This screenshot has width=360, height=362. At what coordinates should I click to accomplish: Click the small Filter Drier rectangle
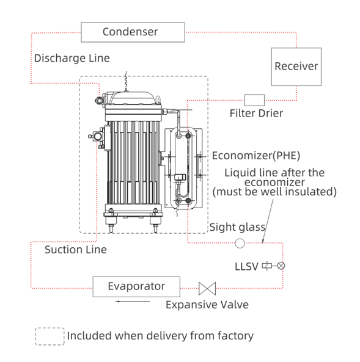pos(254,100)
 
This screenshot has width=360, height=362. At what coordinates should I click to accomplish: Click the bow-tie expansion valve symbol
pos(207,289)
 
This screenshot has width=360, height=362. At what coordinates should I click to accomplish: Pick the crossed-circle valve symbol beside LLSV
pos(281,266)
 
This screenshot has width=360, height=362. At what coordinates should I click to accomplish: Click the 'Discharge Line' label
pos(72,58)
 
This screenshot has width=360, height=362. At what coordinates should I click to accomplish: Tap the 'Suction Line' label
pos(76,250)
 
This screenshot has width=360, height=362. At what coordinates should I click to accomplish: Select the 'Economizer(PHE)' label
pos(256,156)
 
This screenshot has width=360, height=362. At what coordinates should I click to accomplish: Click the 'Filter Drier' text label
pos(256,113)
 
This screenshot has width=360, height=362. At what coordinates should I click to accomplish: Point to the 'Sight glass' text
pos(237,227)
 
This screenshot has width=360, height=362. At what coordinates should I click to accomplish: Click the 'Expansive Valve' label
pos(207,305)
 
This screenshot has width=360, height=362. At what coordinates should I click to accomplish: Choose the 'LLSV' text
pos(246,267)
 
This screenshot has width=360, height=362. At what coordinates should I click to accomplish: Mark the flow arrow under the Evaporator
pos(133,302)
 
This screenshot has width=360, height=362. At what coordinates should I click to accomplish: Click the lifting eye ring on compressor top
pos(158,100)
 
